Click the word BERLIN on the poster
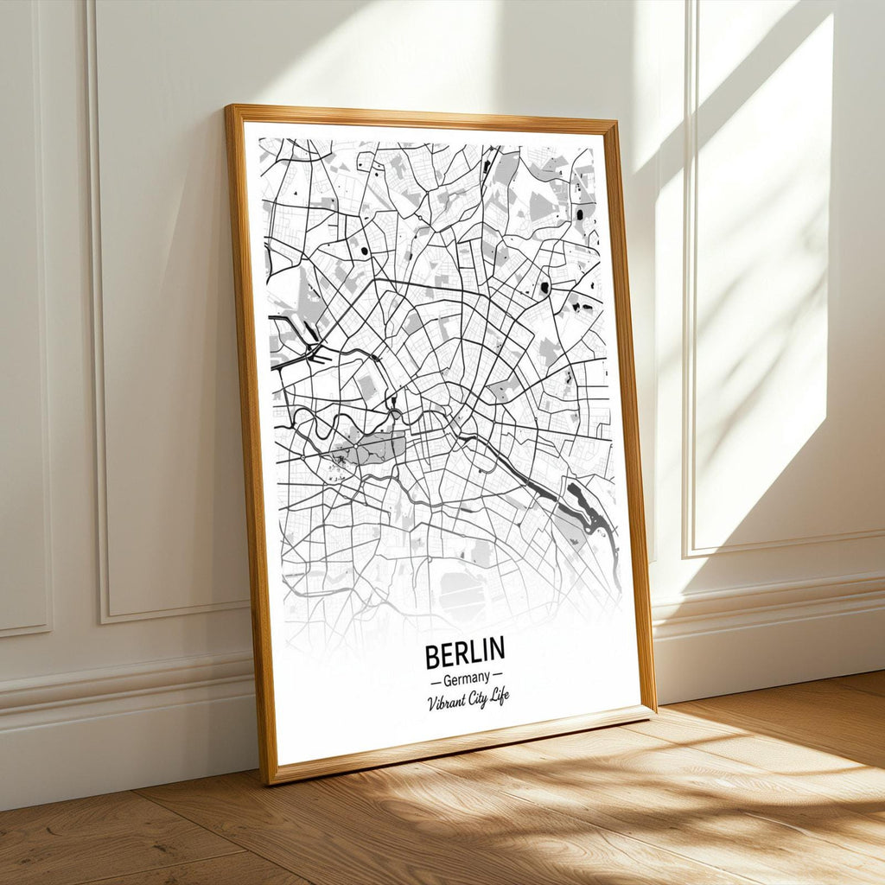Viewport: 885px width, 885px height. click(x=464, y=654)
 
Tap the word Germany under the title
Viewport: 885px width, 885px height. click(x=465, y=678)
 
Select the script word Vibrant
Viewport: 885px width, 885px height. click(x=445, y=702)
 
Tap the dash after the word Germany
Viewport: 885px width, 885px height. click(x=497, y=677)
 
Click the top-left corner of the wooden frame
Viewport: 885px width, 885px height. click(x=228, y=108)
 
